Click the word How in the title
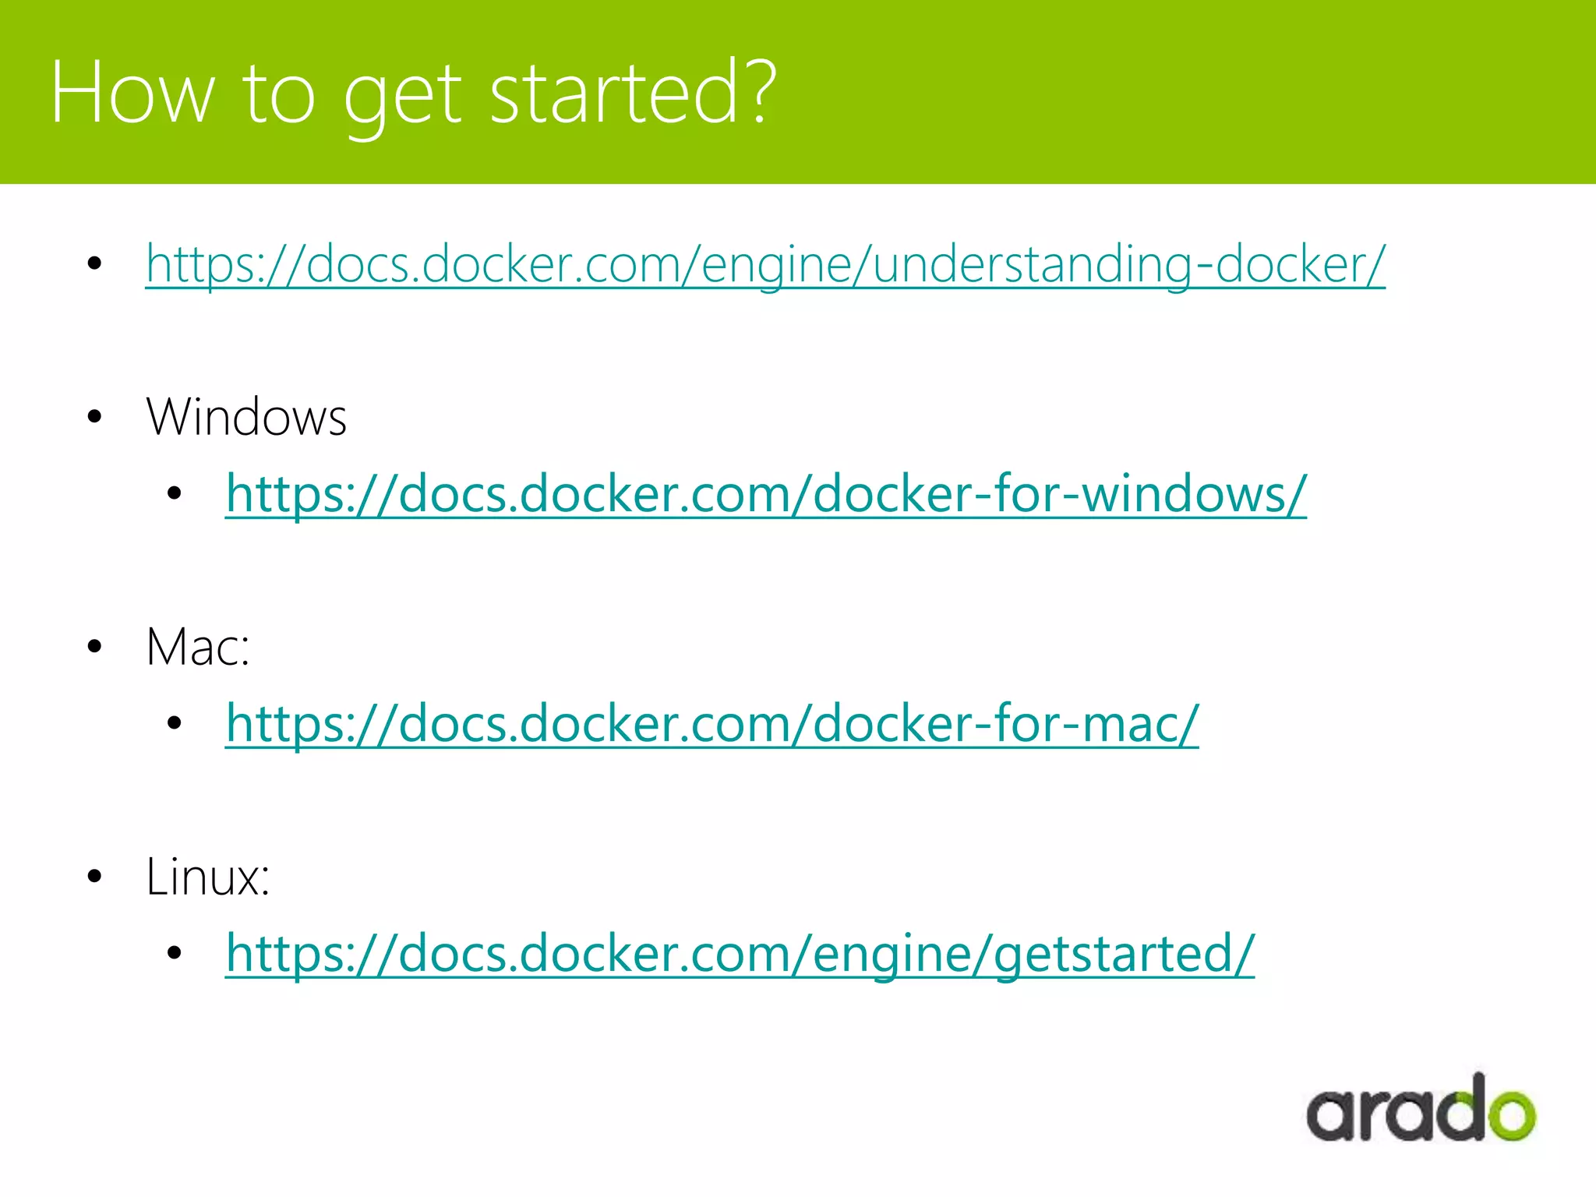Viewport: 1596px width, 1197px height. (x=132, y=94)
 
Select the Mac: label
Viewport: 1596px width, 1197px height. (x=198, y=647)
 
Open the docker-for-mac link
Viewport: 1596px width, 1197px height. (x=711, y=724)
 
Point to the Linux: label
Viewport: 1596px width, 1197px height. (x=208, y=877)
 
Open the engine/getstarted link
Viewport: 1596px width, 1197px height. (x=740, y=954)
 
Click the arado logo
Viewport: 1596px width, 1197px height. (x=1421, y=1110)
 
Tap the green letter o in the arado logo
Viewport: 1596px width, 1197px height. (x=1508, y=1114)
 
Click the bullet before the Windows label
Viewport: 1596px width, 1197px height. (x=95, y=417)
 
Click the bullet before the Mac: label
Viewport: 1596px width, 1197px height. (x=95, y=646)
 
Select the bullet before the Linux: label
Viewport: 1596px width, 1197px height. (x=95, y=876)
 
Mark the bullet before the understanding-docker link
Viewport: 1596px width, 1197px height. (x=95, y=263)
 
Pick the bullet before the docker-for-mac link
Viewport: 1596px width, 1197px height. (x=175, y=723)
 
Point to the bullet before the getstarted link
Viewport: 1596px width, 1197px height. (x=175, y=952)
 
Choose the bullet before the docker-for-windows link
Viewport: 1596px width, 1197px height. (x=175, y=493)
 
